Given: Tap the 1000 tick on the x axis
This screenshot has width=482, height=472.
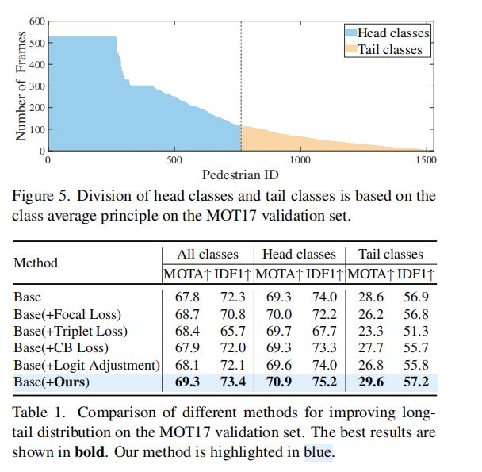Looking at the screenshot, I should tap(300, 159).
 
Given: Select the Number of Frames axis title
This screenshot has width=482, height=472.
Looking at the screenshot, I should tap(21, 86).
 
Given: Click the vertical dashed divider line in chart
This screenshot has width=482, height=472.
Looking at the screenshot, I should tap(241, 79).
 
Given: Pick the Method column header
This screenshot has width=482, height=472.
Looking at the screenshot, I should tap(36, 263).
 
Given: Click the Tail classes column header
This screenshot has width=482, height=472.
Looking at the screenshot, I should tap(391, 255).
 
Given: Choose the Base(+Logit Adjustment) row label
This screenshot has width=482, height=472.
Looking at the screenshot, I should tap(86, 365).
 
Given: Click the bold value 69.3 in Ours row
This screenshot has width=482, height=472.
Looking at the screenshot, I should tap(181, 382).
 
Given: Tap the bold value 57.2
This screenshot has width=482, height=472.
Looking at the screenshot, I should tap(415, 382).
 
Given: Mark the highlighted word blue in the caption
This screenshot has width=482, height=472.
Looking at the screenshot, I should tap(318, 453).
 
